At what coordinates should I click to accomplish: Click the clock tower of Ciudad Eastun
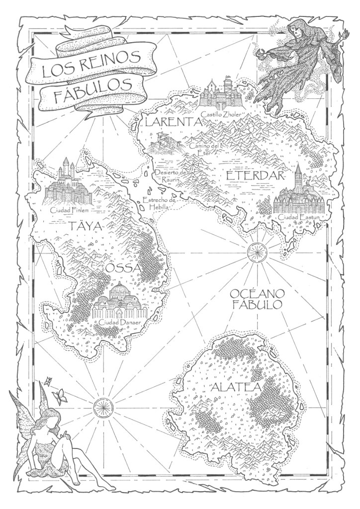click(x=298, y=176)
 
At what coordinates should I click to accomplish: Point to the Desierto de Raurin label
click(x=169, y=175)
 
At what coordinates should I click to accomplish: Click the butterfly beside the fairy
click(x=61, y=396)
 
